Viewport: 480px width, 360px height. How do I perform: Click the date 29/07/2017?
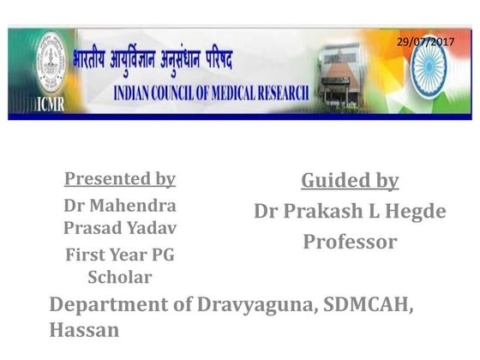coord(425,41)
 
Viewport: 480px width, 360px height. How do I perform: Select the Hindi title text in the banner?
coord(159,62)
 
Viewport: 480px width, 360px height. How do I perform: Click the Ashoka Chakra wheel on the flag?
coord(429,70)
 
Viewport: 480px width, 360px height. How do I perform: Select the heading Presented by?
coord(120,179)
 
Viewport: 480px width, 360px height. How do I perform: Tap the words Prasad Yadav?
coord(120,229)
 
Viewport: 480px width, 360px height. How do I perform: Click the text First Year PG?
coord(120,255)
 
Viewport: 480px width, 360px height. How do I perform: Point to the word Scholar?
coord(120,278)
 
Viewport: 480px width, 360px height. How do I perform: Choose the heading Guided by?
coord(350,181)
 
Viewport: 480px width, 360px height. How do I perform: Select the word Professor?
coord(350,242)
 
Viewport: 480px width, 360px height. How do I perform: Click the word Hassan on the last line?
coord(84,330)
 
